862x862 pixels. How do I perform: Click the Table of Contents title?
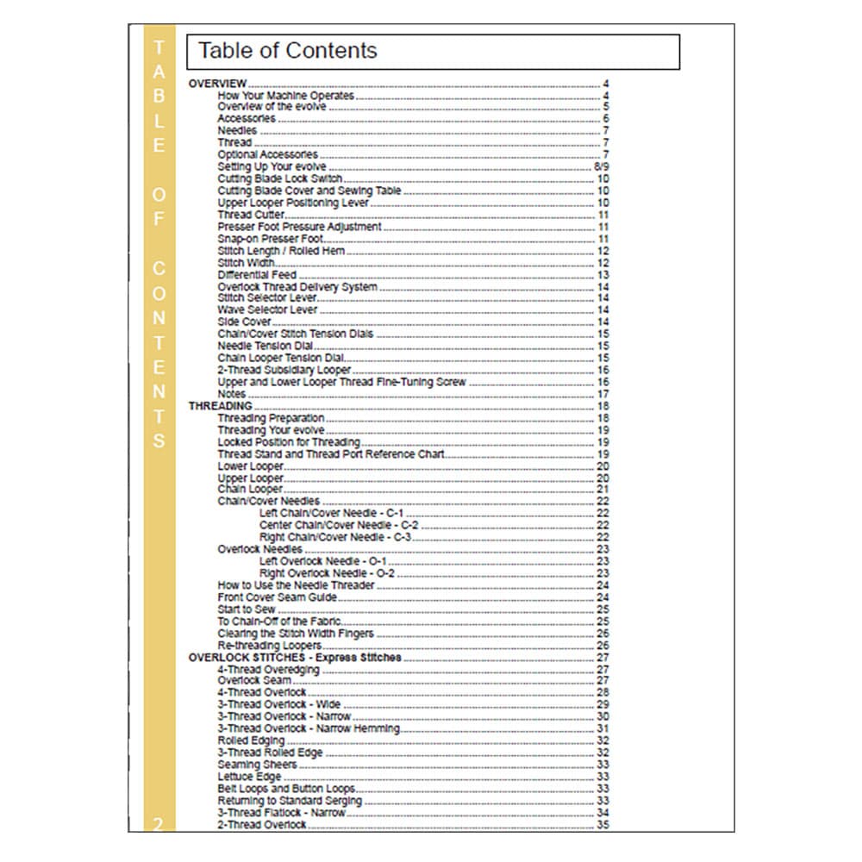coord(288,51)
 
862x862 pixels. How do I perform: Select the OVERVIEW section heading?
coord(218,84)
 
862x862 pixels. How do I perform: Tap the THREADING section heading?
coord(221,406)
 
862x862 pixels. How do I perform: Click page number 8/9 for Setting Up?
coord(602,167)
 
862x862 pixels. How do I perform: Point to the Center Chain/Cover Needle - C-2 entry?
coord(339,525)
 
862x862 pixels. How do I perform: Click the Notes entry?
coord(232,394)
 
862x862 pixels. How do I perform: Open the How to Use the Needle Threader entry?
coord(296,585)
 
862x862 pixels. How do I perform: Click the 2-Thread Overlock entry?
coord(261,825)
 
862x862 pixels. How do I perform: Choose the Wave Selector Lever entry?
coord(267,309)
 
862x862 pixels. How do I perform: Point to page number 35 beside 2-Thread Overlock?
coord(603,825)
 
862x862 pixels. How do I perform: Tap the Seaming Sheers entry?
coord(257,765)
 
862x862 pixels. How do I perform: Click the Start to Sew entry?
coord(247,609)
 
